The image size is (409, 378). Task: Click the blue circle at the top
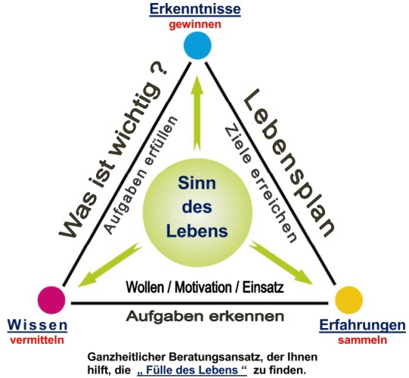click(198, 45)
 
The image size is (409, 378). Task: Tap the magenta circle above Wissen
click(52, 299)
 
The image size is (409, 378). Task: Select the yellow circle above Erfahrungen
click(348, 300)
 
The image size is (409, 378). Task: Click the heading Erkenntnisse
click(195, 9)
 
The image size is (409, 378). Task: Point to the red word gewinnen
click(195, 25)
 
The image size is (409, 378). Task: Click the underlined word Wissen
click(37, 325)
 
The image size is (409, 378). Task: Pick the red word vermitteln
click(37, 340)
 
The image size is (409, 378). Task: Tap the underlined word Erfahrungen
click(363, 325)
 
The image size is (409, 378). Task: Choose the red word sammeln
click(363, 340)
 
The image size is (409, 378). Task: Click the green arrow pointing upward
click(198, 114)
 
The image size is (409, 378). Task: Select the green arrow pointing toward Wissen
click(110, 265)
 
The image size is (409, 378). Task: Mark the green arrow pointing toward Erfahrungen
click(281, 263)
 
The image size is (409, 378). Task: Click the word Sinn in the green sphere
click(197, 183)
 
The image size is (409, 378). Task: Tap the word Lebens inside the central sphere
click(197, 231)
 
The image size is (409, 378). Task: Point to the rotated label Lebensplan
click(289, 163)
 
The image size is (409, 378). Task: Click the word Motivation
click(203, 288)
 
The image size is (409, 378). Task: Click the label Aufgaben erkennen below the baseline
click(205, 316)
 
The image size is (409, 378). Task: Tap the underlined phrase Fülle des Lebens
click(192, 370)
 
